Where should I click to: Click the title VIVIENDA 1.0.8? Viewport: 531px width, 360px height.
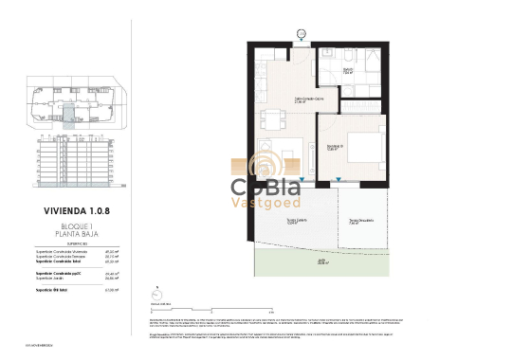(72, 215)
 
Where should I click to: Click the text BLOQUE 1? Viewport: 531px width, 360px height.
(72, 228)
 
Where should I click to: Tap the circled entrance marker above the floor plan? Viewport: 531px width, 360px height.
(301, 35)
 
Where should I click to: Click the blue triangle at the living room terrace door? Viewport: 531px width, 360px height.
(302, 179)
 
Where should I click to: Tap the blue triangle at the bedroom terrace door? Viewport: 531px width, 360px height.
(339, 179)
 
